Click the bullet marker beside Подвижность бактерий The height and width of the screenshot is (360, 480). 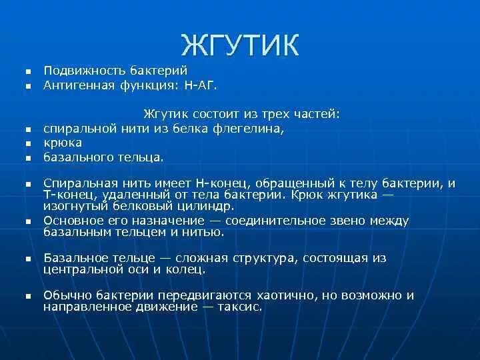28,71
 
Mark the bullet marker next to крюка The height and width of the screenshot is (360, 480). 28,143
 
